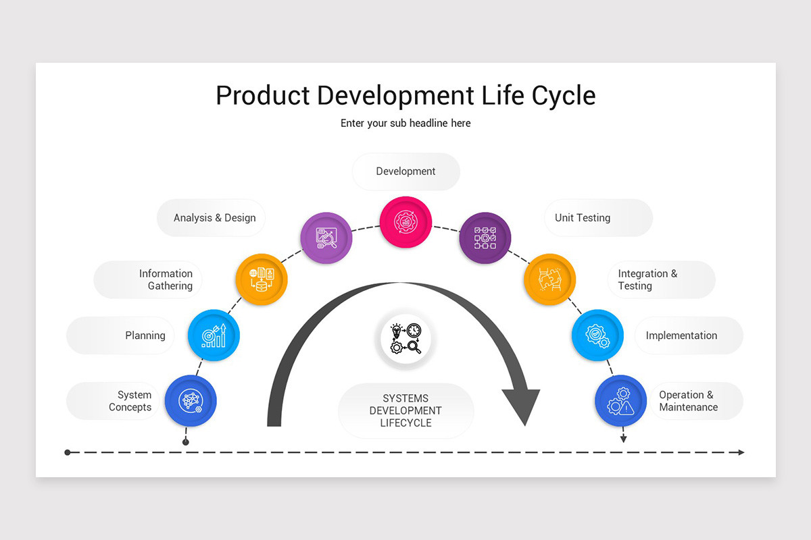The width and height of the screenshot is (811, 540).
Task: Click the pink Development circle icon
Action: [405, 221]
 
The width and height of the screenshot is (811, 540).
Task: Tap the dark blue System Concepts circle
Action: [191, 401]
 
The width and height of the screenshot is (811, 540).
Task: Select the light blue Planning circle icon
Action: [214, 335]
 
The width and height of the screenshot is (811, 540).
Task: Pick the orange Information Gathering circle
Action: [262, 279]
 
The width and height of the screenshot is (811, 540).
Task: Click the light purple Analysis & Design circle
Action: [326, 238]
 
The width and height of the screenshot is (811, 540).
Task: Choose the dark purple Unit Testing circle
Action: [485, 238]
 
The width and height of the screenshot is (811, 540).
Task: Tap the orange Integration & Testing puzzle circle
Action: [549, 279]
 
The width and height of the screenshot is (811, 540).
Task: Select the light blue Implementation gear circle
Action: [597, 335]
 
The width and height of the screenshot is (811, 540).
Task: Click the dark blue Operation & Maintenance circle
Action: [620, 401]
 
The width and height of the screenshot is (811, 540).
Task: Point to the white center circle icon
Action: [405, 339]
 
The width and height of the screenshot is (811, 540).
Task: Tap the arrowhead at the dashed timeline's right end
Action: [741, 452]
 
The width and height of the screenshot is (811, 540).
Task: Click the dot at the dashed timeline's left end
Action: [68, 452]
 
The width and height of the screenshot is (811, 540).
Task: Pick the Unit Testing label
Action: [583, 218]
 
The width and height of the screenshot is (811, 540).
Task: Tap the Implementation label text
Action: [681, 335]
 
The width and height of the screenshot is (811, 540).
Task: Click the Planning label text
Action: [145, 335]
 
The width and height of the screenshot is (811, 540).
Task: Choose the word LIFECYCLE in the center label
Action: [405, 423]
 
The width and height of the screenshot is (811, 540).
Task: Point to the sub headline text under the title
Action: [405, 124]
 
